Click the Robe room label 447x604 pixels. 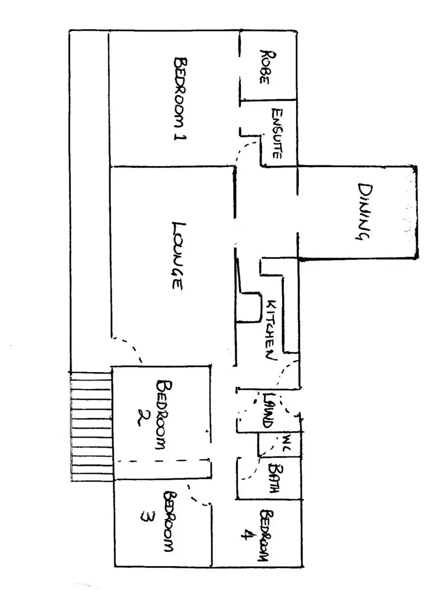265,66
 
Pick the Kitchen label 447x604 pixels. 271,330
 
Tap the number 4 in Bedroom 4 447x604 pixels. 244,535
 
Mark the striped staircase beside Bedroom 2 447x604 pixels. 92,427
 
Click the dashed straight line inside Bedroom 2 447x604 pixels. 162,461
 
